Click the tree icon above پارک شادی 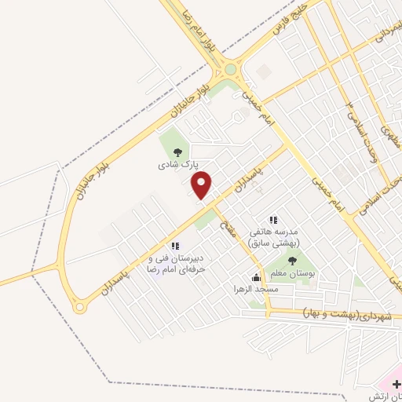click(177, 152)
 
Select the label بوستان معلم click(292, 272)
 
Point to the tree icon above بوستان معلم click(292, 260)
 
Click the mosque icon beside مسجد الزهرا click(256, 277)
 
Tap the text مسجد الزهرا click(229, 289)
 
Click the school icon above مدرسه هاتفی click(273, 220)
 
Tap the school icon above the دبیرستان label click(175, 247)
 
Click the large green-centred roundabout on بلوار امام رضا click(230, 69)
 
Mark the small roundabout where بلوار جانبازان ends click(79, 307)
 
